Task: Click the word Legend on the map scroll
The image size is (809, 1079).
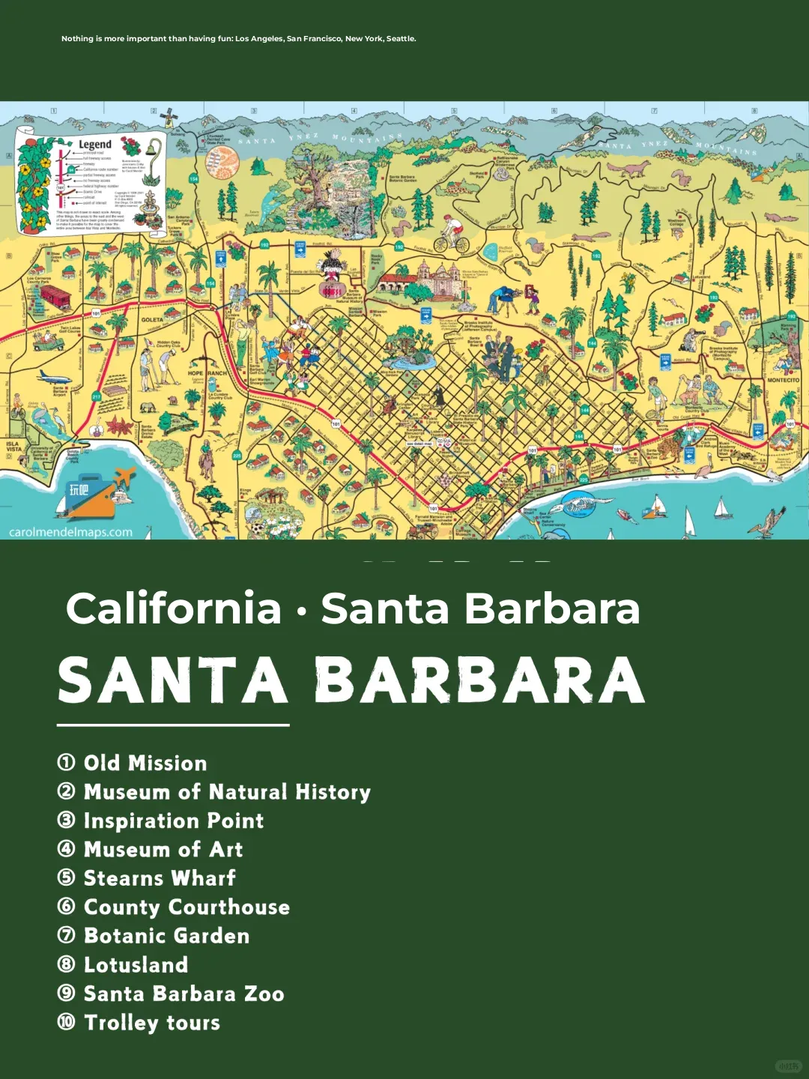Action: click(x=94, y=145)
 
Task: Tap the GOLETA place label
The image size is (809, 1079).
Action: click(x=152, y=320)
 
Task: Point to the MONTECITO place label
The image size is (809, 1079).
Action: click(x=783, y=380)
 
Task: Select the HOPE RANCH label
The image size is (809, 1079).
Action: click(x=207, y=373)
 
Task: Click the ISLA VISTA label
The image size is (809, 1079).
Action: click(x=13, y=447)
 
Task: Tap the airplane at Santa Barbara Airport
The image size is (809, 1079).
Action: click(x=53, y=377)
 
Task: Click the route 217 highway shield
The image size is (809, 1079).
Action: click(x=96, y=396)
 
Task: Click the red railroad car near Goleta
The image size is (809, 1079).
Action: click(x=55, y=297)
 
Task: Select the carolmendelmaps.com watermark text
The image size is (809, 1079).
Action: click(x=70, y=532)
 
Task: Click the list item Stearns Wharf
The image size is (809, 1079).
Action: click(x=160, y=878)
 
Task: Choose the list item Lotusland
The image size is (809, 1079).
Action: click(x=136, y=965)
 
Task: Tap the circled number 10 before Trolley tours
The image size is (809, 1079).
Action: click(x=67, y=1022)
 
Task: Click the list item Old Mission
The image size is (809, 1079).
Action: click(x=145, y=763)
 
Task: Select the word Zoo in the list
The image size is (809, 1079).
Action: click(x=264, y=994)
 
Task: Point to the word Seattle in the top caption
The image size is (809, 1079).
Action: click(x=401, y=39)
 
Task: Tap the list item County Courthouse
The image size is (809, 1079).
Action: click(x=187, y=907)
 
